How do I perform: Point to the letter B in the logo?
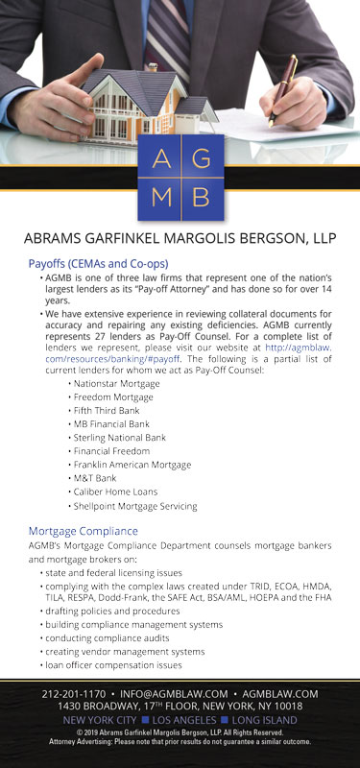201,196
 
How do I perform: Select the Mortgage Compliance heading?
84,530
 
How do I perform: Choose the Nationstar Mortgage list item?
117,383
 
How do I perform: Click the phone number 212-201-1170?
73,693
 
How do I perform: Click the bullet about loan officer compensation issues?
128,664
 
